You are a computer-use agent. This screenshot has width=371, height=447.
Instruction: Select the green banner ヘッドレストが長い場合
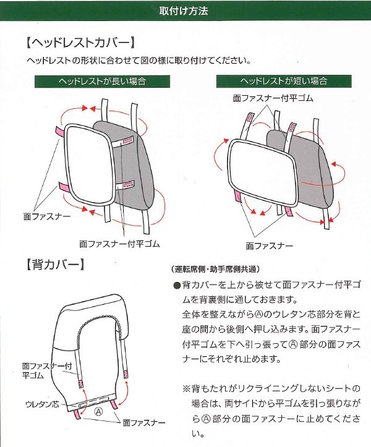(x=101, y=81)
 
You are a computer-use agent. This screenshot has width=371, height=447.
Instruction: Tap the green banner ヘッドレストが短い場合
(x=283, y=81)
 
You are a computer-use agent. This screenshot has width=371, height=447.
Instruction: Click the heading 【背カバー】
(x=54, y=266)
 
